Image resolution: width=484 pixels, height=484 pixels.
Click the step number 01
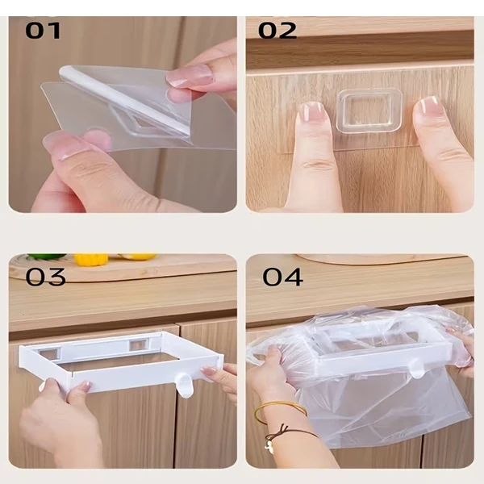(x=43, y=31)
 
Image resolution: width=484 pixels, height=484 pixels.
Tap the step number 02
(x=277, y=31)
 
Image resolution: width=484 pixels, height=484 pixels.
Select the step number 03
(x=46, y=277)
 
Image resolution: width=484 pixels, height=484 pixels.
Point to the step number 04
(x=282, y=277)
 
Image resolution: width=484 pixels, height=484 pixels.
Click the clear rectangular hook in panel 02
(x=369, y=111)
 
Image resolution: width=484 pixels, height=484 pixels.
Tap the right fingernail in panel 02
(x=428, y=106)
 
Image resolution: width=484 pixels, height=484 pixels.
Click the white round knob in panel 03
(x=185, y=382)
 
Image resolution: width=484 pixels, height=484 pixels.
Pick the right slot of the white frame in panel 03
(x=139, y=344)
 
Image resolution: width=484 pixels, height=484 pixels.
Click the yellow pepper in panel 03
(x=90, y=259)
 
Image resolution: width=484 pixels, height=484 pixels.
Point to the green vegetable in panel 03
(x=46, y=257)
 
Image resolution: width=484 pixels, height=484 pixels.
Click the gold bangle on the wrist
(x=279, y=410)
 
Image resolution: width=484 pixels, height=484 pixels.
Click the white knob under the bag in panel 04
(x=417, y=369)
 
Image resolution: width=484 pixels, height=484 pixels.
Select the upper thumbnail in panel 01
(x=190, y=75)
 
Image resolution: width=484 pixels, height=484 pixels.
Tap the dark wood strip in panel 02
(x=360, y=50)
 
